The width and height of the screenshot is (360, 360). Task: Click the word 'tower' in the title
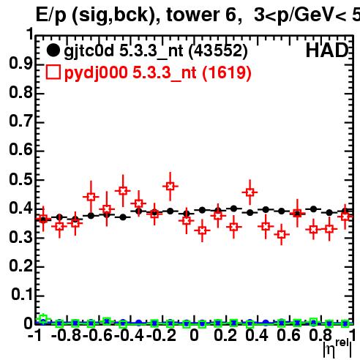[193, 15]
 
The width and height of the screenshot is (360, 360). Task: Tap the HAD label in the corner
[327, 50]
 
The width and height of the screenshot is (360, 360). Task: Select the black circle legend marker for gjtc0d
[53, 50]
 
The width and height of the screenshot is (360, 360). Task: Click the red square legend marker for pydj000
[53, 72]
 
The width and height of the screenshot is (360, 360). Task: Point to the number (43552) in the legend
[218, 50]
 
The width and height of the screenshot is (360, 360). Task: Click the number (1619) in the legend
[227, 72]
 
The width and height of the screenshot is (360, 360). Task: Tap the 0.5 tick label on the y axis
[20, 179]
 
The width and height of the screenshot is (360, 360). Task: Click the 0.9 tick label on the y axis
[20, 64]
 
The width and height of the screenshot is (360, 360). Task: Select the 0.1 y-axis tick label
[23, 294]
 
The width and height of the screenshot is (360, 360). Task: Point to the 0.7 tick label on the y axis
[20, 121]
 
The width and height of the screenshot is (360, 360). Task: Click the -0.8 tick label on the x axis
[66, 335]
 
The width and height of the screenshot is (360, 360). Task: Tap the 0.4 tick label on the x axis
[257, 335]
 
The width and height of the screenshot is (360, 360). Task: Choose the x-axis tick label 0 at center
[194, 335]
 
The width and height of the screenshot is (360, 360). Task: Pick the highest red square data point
[170, 186]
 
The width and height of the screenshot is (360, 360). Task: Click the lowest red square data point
[282, 234]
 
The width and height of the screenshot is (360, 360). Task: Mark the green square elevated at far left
[43, 319]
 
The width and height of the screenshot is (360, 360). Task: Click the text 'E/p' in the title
[51, 15]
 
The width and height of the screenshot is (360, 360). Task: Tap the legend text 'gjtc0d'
[89, 51]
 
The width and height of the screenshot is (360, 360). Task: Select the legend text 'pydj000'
[96, 73]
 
